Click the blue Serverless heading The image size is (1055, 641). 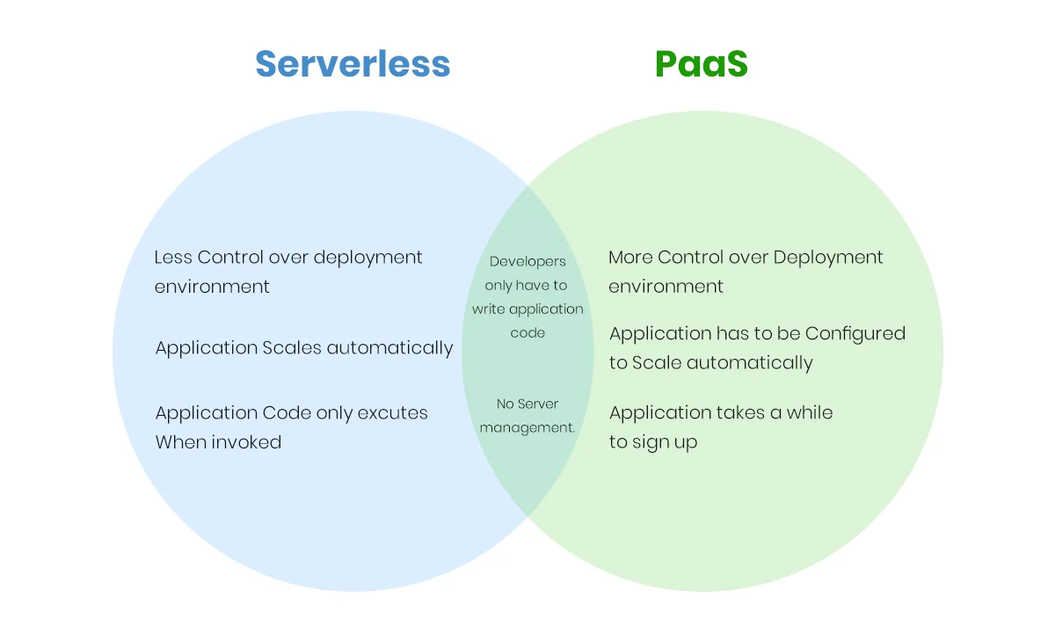pos(353,64)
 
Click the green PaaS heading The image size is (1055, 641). pos(701,64)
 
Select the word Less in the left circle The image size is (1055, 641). pos(173,258)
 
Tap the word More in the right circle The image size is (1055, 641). pos(630,258)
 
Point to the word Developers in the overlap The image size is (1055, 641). pos(527,261)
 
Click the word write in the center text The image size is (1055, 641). pos(489,310)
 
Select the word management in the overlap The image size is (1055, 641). pos(527,428)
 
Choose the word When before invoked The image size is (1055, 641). pos(179,442)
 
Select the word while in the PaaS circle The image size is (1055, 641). pos(810,413)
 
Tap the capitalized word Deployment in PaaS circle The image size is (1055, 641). pos(827,258)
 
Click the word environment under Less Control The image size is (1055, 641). pos(212,287)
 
